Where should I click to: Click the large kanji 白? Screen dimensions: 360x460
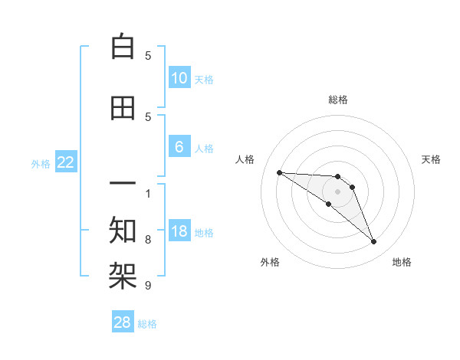click(x=123, y=47)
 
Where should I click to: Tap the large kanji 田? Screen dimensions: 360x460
click(x=123, y=108)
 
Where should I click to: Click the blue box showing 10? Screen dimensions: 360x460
click(x=179, y=78)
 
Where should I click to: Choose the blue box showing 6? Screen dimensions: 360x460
click(x=179, y=147)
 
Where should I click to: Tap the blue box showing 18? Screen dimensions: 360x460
click(x=179, y=231)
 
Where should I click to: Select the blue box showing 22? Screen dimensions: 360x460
click(x=66, y=162)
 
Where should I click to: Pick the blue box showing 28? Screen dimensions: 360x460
click(x=123, y=322)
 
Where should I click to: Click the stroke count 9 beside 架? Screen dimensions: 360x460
click(x=148, y=286)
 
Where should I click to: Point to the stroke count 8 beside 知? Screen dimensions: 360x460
click(x=148, y=240)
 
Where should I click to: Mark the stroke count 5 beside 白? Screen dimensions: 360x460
click(x=148, y=56)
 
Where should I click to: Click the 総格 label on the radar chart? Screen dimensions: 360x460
click(x=338, y=100)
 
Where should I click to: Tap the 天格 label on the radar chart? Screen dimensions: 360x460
click(x=432, y=159)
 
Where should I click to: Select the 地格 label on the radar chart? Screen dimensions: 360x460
click(x=402, y=262)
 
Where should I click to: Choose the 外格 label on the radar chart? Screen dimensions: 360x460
click(x=270, y=262)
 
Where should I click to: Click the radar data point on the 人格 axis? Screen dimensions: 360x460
click(x=279, y=172)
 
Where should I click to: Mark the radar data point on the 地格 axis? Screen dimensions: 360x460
click(x=374, y=242)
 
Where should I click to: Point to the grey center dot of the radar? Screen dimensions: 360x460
click(x=338, y=191)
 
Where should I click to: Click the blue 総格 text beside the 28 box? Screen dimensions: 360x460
click(x=147, y=324)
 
